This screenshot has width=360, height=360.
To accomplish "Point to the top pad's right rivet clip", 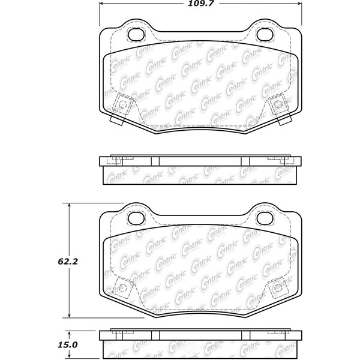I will point(277,105).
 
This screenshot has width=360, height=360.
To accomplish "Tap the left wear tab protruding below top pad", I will point(117,120).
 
